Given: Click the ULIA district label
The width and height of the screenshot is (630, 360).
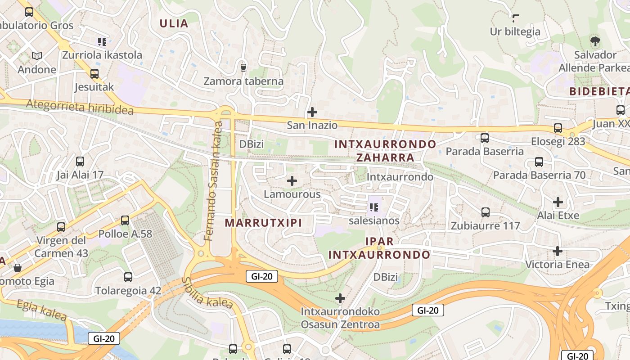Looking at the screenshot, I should click(174, 23).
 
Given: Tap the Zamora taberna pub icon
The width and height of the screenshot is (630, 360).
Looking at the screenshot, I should click(243, 67).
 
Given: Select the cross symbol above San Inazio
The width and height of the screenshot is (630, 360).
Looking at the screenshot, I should click(312, 112).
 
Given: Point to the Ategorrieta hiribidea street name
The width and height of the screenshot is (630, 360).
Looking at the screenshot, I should click(80, 107).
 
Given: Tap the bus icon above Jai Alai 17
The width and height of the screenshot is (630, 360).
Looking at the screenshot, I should click(80, 161).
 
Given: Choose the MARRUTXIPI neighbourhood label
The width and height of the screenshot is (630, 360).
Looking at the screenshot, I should click(263, 223).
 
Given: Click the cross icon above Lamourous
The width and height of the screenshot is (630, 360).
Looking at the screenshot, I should click(292, 181).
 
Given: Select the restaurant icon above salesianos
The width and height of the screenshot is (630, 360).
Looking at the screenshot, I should click(373, 207).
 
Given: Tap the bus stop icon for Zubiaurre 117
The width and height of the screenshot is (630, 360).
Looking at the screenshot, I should click(485, 212).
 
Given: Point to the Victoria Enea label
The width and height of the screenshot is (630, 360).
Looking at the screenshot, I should click(557, 264).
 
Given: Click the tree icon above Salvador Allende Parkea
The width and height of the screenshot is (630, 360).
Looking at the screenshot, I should click(595, 41).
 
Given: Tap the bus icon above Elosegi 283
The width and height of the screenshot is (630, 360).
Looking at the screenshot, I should click(558, 128).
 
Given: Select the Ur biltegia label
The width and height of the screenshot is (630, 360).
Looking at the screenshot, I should click(515, 31).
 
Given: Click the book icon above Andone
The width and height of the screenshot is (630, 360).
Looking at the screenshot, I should click(37, 56).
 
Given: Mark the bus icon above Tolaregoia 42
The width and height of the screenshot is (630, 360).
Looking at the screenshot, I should click(128, 277).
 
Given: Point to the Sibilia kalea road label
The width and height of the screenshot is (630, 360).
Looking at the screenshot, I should click(207, 293).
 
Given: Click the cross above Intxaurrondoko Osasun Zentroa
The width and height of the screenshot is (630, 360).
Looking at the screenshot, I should click(340, 298).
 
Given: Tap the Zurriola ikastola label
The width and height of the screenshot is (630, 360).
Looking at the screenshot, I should click(102, 55).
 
